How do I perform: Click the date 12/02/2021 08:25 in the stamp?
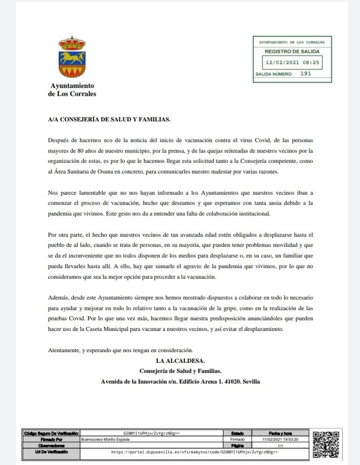coord(292,63)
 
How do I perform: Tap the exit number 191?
coord(305,73)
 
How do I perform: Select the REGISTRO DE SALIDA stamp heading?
coord(292,51)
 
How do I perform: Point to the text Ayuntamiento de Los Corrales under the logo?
coord(72,90)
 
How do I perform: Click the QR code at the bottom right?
coord(326,444)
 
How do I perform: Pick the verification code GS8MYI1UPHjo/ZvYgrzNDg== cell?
coord(152,433)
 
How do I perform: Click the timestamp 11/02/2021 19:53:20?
coord(282,439)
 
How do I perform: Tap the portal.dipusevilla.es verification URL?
coord(195,451)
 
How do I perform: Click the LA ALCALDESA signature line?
coord(180,361)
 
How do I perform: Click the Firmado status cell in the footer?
coord(237,439)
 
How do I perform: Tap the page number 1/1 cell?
coord(282,445)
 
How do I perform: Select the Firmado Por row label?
coord(51,439)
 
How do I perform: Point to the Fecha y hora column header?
coord(282,433)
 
